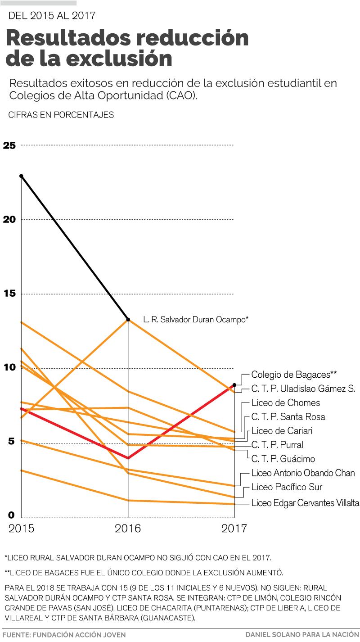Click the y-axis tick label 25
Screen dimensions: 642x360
click(x=9, y=145)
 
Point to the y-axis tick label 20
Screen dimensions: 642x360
click(x=9, y=220)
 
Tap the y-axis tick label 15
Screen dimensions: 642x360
click(x=9, y=294)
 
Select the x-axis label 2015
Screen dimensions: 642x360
click(x=21, y=528)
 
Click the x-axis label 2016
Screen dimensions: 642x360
click(x=128, y=528)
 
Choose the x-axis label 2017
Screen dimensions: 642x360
click(x=234, y=528)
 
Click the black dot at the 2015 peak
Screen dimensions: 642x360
click(x=21, y=176)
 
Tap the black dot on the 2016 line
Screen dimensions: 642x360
click(x=128, y=320)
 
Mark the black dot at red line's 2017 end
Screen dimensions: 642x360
click(x=234, y=385)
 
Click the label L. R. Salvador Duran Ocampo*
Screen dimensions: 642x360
click(x=196, y=320)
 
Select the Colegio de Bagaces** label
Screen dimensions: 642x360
click(x=294, y=374)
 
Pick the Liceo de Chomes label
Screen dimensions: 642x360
click(x=286, y=402)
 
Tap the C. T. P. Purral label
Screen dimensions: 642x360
click(x=277, y=445)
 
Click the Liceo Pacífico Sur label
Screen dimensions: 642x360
click(x=287, y=487)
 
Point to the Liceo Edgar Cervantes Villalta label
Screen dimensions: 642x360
click(x=305, y=503)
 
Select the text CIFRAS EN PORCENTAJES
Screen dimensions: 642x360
click(x=61, y=115)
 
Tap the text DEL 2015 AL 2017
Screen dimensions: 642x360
click(x=52, y=15)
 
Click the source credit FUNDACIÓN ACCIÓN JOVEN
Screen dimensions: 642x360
click(x=81, y=635)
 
